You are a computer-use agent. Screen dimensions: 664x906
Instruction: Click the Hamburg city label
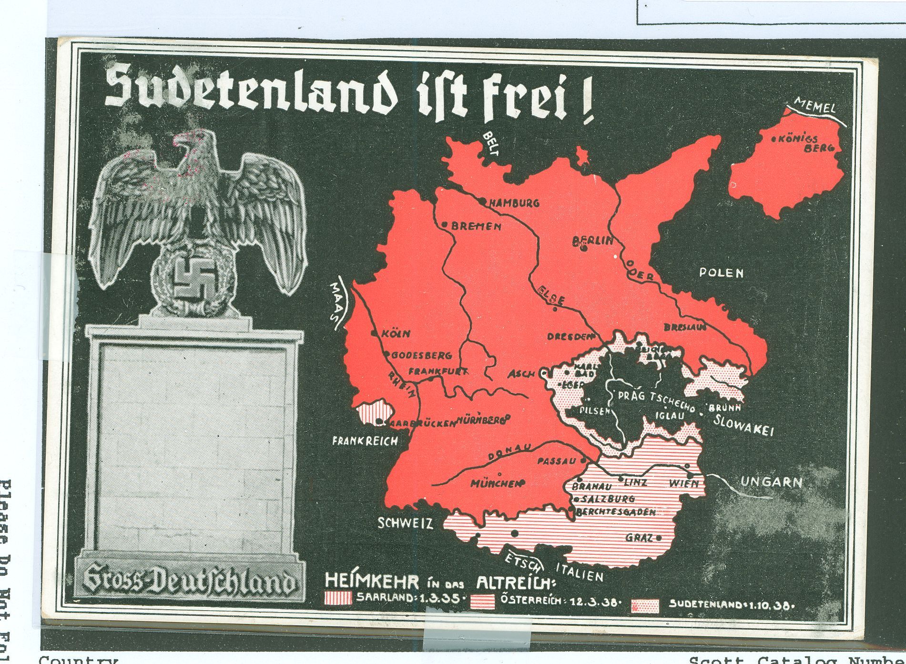click(x=514, y=203)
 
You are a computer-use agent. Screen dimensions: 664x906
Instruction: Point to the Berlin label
click(x=594, y=241)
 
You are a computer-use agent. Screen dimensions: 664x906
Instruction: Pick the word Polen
click(x=721, y=273)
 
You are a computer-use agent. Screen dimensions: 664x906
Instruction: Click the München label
click(x=494, y=484)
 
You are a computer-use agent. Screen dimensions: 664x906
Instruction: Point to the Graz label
click(x=639, y=538)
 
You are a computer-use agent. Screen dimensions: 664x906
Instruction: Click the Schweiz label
click(x=405, y=524)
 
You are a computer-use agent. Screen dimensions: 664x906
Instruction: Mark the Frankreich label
click(x=365, y=441)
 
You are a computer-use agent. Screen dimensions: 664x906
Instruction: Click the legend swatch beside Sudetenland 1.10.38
click(x=645, y=605)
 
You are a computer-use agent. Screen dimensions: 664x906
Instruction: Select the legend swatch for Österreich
click(x=484, y=602)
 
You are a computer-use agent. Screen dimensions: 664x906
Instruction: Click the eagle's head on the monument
click(x=193, y=143)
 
